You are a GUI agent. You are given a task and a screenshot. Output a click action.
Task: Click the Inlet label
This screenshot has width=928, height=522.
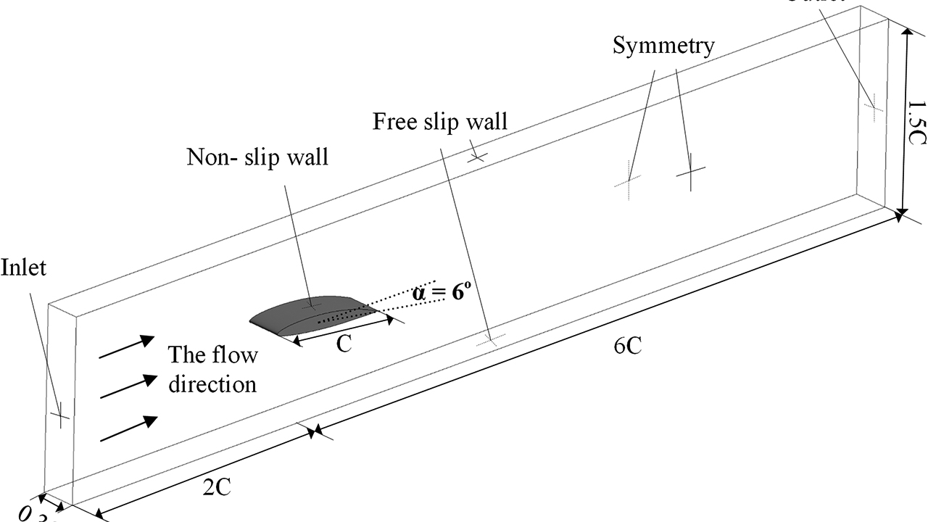pyautogui.click(x=23, y=268)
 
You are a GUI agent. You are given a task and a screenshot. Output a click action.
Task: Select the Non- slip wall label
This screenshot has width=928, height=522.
pyautogui.click(x=257, y=157)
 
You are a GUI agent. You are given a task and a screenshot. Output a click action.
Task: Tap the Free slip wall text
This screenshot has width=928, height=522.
pyautogui.click(x=440, y=121)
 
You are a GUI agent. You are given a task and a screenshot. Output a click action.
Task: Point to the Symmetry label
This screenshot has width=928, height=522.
pyautogui.click(x=663, y=45)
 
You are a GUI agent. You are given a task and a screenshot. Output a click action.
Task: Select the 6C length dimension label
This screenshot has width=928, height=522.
pyautogui.click(x=627, y=347)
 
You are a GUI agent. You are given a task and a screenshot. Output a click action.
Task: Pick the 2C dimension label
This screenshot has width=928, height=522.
pyautogui.click(x=216, y=487)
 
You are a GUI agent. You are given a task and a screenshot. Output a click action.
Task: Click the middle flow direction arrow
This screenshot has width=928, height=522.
pyautogui.click(x=128, y=387)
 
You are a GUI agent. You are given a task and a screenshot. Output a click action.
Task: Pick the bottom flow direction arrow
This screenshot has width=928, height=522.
pyautogui.click(x=129, y=428)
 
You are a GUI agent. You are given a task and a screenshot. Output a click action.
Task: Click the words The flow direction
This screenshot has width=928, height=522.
pyautogui.click(x=212, y=369)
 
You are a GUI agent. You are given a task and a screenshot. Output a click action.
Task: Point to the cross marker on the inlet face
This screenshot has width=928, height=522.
pyautogui.click(x=59, y=415)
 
